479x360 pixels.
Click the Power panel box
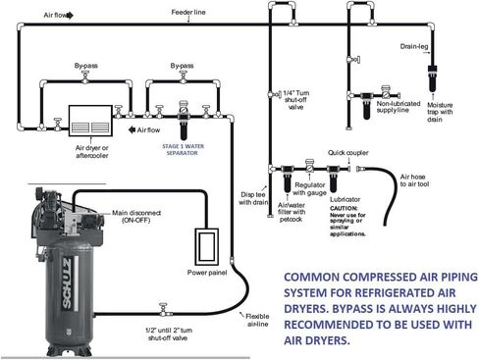click(208, 246)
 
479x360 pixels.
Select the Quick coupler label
click(348, 152)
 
